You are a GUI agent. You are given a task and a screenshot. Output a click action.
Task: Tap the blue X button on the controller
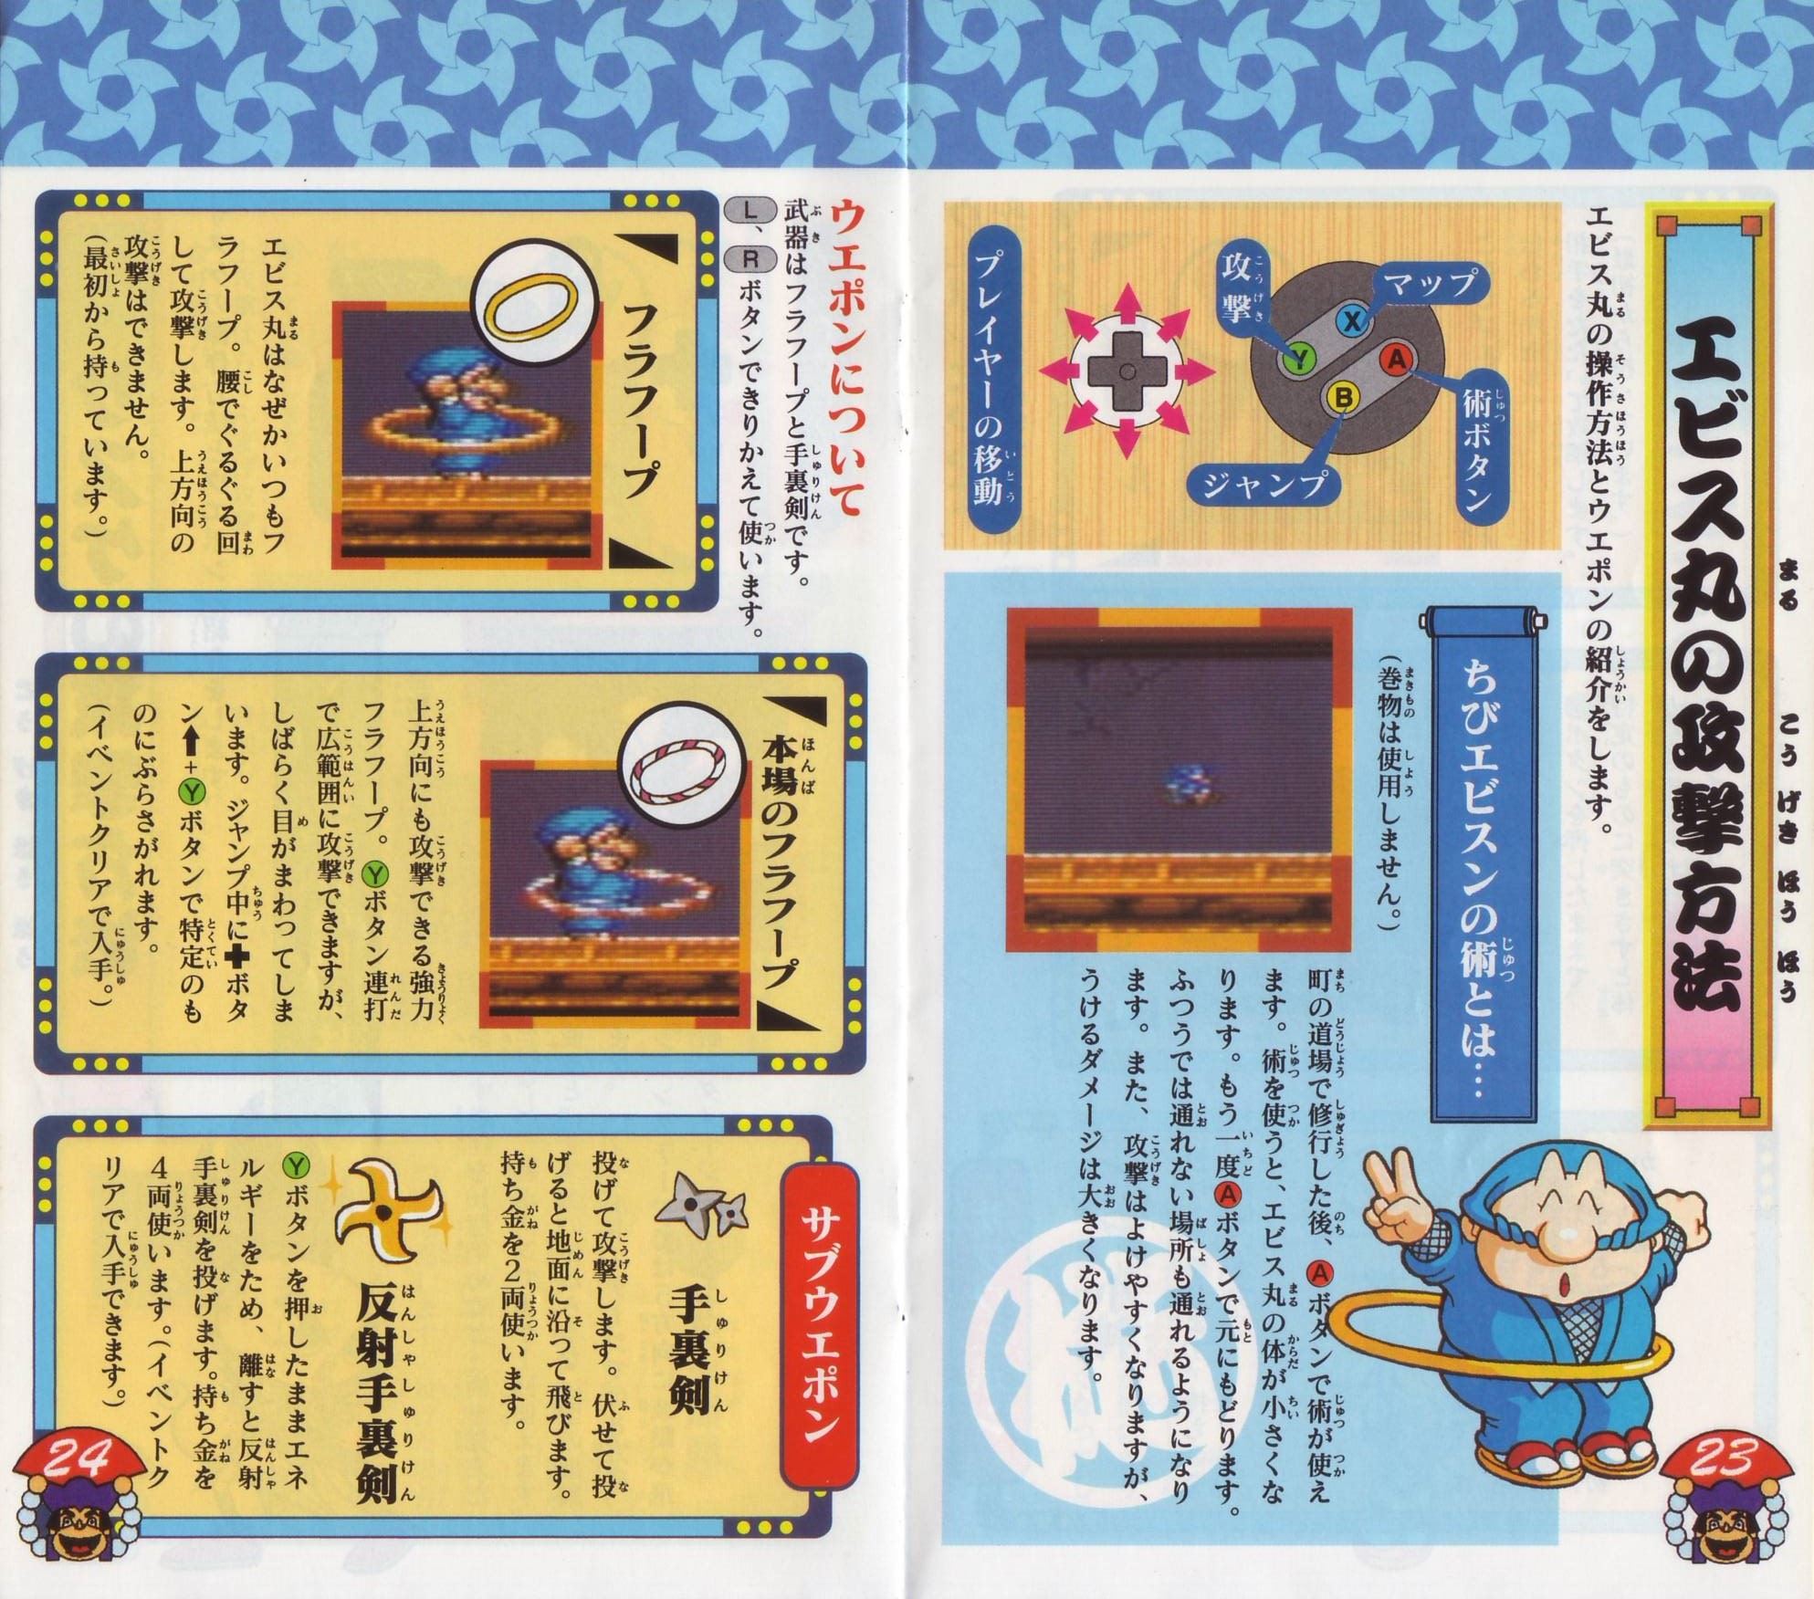pos(1354,320)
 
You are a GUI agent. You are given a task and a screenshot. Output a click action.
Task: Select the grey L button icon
pos(748,208)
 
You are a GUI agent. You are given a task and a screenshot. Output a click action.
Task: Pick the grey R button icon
pos(748,258)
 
